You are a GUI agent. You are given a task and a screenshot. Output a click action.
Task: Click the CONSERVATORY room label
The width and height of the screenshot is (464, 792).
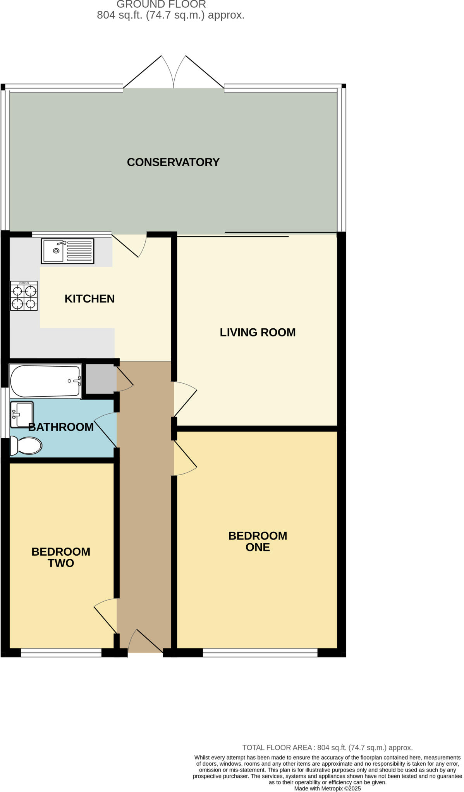click(x=173, y=162)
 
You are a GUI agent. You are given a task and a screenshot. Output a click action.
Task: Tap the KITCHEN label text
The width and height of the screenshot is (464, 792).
click(x=89, y=299)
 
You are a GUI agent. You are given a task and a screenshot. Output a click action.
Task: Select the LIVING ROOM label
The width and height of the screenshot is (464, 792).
click(x=258, y=332)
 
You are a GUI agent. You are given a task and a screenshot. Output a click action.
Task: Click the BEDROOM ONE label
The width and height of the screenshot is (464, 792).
click(x=258, y=541)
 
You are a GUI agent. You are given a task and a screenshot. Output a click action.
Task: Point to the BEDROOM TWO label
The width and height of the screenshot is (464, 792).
click(x=61, y=557)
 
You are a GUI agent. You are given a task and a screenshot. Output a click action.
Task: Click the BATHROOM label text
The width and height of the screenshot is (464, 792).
click(x=61, y=427)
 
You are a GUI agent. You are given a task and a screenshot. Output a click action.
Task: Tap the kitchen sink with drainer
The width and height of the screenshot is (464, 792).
click(x=68, y=251)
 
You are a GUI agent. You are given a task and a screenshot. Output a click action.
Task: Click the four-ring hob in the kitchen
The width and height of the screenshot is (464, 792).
click(x=24, y=296)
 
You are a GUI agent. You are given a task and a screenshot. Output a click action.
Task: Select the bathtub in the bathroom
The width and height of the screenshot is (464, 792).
click(x=45, y=381)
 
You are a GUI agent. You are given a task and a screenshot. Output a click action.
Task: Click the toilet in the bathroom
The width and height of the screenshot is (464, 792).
click(x=26, y=445)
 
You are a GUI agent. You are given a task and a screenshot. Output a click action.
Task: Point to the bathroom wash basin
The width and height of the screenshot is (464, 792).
click(x=22, y=415)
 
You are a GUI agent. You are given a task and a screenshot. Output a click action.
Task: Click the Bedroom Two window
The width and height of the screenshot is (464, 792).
click(x=61, y=653)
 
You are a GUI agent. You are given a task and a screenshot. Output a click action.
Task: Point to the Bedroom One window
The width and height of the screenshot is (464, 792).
click(x=260, y=653)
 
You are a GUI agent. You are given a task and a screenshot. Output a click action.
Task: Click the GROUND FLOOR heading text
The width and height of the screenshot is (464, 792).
click(x=161, y=5)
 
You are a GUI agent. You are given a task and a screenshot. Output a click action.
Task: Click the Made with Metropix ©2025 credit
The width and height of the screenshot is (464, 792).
click(x=327, y=789)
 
